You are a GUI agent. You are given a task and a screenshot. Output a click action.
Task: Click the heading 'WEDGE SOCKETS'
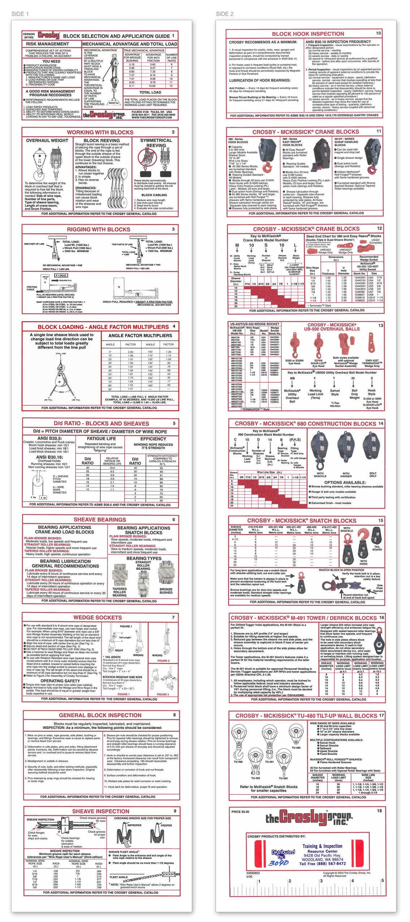[x=98, y=617]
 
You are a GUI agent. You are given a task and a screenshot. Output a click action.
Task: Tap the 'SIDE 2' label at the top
[x=224, y=14]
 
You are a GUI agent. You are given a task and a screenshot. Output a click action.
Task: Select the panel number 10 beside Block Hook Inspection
[x=378, y=33]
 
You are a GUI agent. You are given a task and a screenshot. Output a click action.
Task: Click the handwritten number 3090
[x=279, y=863]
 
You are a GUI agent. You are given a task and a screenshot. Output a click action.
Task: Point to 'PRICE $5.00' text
[x=240, y=811]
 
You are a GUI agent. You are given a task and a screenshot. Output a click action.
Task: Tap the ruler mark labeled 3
[x=321, y=881]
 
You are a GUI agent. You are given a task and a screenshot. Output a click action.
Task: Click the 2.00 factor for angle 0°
[x=130, y=351]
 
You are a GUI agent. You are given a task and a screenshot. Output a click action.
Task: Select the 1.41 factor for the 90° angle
[x=130, y=389]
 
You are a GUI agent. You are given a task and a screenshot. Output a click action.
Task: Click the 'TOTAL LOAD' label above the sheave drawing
[x=60, y=353]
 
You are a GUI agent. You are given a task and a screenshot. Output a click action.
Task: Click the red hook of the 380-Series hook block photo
[x=267, y=167]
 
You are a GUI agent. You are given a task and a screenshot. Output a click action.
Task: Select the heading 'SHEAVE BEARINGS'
[x=100, y=520]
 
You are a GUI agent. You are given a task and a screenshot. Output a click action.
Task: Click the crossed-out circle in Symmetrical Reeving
[x=146, y=157]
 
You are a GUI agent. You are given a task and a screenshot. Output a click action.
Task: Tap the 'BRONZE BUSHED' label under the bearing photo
[x=166, y=591]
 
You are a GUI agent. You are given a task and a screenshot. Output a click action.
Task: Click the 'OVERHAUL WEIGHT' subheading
[x=47, y=140]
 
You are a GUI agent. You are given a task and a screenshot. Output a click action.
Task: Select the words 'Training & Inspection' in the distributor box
[x=322, y=846]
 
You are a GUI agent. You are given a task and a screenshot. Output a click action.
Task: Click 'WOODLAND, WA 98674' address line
[x=323, y=859]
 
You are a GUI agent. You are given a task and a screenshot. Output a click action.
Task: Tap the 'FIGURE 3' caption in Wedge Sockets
[x=163, y=694]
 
